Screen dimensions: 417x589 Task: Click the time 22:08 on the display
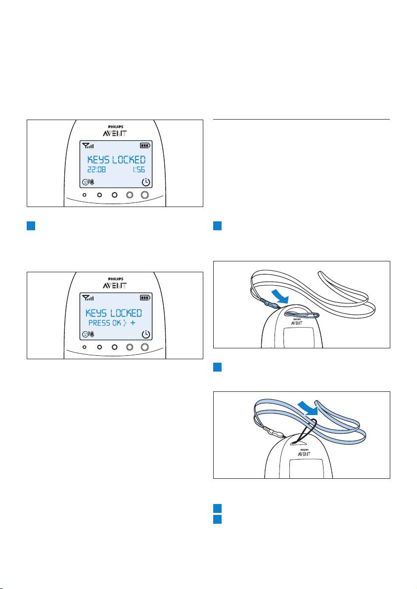click(96, 170)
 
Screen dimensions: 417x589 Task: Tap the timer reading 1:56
click(139, 170)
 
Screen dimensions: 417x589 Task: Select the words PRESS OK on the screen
click(105, 323)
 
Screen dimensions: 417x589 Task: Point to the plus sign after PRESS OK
click(133, 323)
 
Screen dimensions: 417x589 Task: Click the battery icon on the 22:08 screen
click(145, 145)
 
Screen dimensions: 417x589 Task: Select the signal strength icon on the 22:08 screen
click(88, 145)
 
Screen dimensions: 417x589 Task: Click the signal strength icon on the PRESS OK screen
click(88, 298)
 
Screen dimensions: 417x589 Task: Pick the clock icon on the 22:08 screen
click(145, 182)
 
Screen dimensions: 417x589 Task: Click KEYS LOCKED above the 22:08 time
click(116, 159)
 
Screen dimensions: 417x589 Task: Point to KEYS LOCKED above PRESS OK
click(114, 313)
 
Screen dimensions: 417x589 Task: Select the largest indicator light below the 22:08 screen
click(145, 195)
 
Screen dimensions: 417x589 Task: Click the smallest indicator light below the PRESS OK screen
click(84, 347)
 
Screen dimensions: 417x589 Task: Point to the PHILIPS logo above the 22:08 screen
click(115, 127)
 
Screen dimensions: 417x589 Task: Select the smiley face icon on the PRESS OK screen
click(86, 334)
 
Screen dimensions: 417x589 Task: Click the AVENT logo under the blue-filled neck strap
click(304, 454)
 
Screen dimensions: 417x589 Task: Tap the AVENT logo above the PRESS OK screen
click(115, 286)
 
